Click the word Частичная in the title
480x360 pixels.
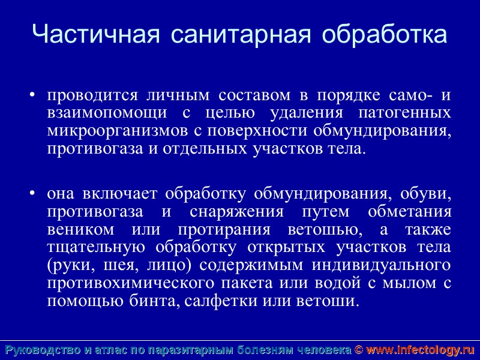click(96, 35)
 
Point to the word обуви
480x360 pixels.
click(430, 194)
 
